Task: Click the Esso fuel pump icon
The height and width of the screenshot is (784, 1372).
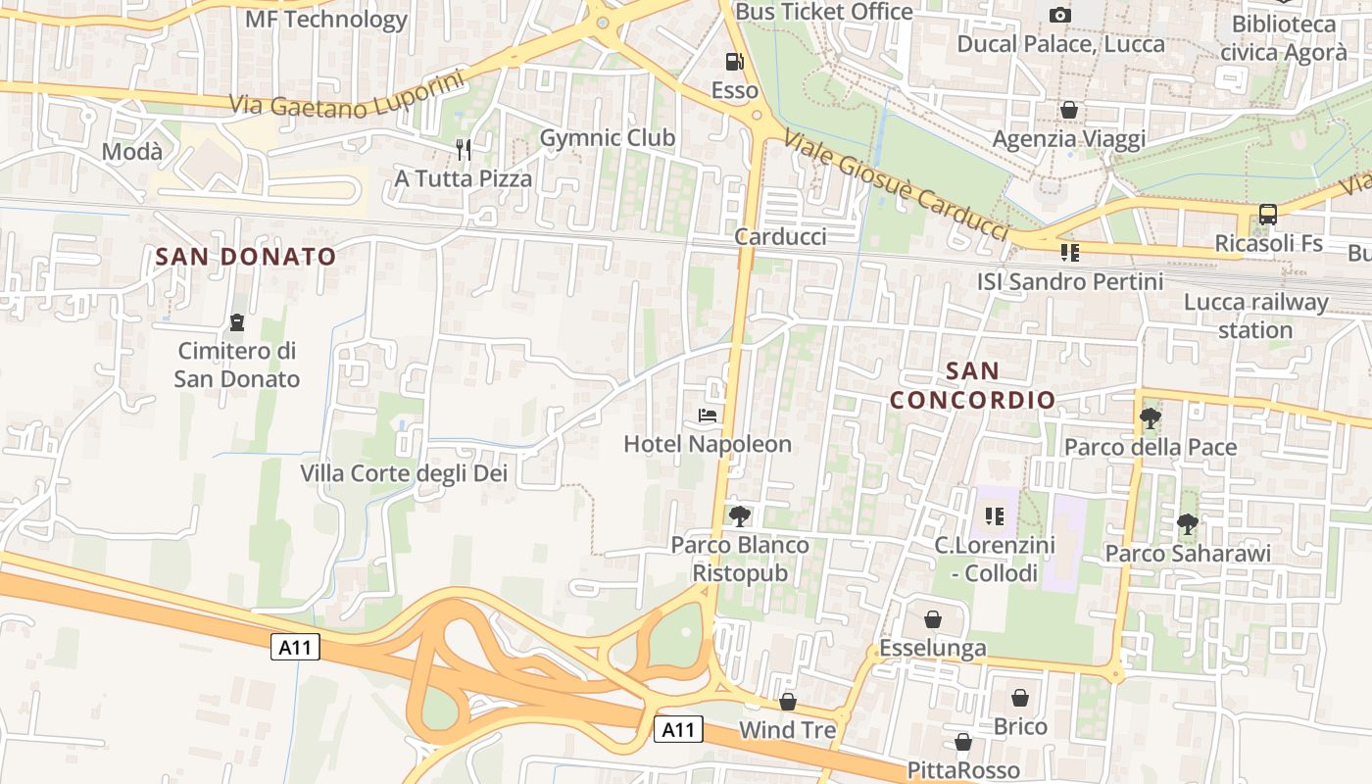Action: click(x=734, y=62)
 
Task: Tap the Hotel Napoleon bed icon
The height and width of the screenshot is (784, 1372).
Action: click(x=708, y=416)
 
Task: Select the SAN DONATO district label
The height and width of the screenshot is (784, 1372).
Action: click(x=246, y=257)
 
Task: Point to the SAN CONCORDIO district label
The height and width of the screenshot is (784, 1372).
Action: click(x=972, y=385)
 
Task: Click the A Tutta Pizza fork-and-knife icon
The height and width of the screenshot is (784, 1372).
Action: click(x=464, y=149)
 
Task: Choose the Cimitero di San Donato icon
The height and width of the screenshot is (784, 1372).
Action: click(x=236, y=322)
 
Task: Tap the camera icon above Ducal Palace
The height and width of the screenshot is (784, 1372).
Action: click(x=1059, y=15)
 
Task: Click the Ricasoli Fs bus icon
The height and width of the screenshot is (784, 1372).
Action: click(x=1268, y=215)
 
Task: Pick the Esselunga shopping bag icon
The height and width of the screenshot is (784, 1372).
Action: click(x=933, y=619)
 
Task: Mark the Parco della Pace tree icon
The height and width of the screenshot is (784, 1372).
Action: click(x=1151, y=418)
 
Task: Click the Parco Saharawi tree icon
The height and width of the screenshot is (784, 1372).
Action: click(x=1188, y=524)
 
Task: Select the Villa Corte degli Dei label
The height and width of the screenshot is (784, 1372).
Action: click(x=404, y=473)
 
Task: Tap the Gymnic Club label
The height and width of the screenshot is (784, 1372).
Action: click(x=608, y=138)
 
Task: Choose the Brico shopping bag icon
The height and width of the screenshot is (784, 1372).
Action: click(x=1020, y=698)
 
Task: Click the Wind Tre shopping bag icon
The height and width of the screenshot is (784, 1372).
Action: click(x=788, y=702)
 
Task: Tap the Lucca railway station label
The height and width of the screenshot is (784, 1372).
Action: click(x=1255, y=316)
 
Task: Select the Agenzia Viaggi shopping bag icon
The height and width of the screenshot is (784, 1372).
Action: click(x=1069, y=110)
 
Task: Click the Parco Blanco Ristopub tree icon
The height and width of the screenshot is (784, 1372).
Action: click(x=740, y=515)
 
